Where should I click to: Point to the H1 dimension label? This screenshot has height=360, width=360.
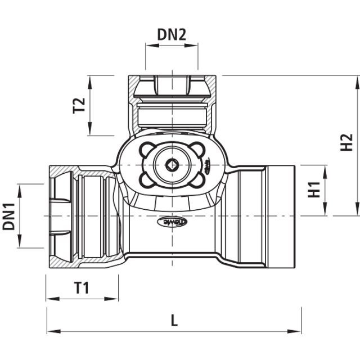pos(314,190)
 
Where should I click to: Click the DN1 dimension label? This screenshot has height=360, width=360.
pos(8,216)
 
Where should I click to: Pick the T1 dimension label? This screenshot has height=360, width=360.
pos(82,288)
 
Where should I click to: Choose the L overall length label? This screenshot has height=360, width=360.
pos(174,321)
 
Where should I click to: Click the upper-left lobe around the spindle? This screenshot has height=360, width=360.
pos(148,149)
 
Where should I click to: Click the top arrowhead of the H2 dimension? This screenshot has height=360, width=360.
pos(357,79)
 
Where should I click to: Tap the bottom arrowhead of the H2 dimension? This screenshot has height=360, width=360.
pos(357,211)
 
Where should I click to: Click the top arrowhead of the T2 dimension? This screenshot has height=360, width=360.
pos(90,79)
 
